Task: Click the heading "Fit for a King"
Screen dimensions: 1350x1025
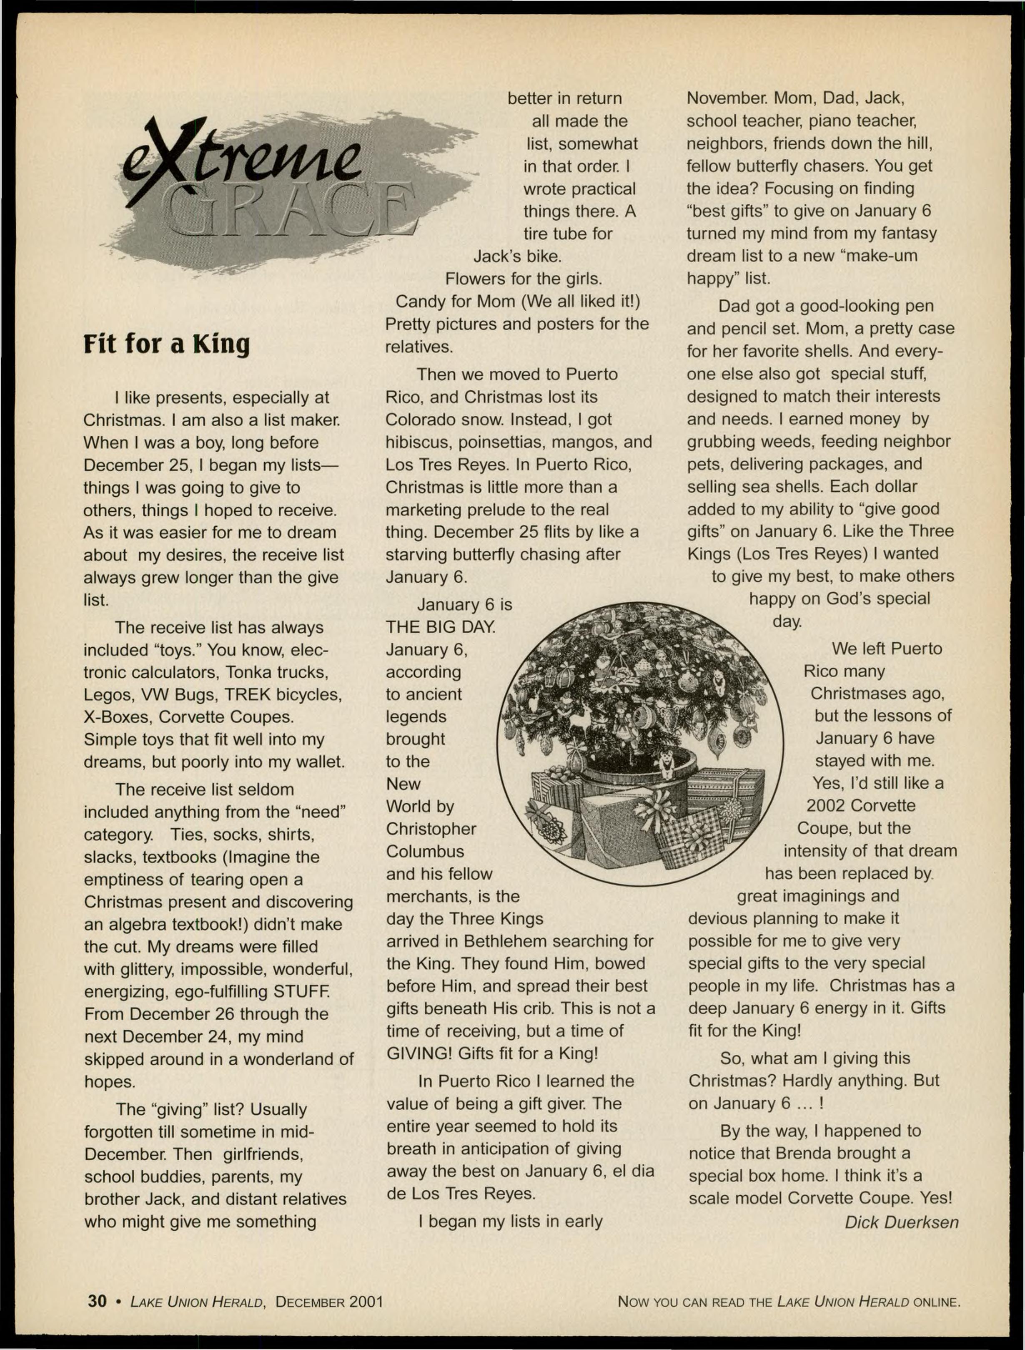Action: pos(167,344)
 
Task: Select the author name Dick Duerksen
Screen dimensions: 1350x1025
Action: pos(901,1222)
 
